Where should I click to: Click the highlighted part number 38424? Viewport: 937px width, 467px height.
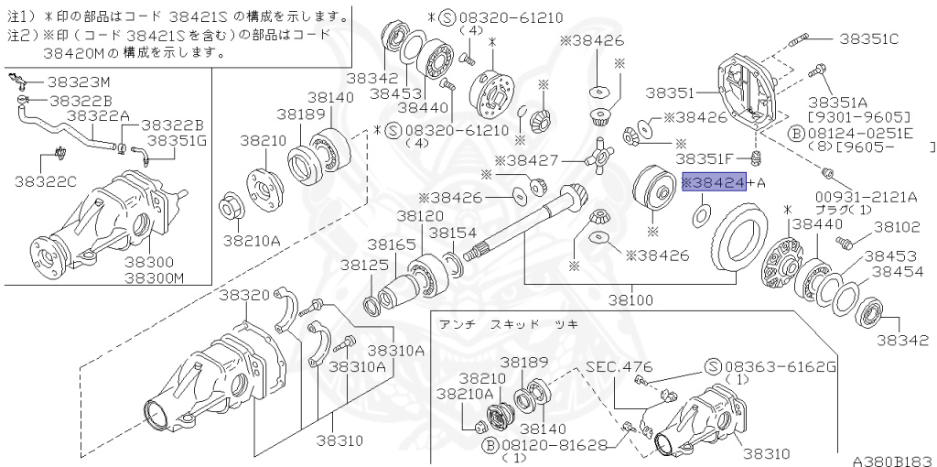(x=714, y=182)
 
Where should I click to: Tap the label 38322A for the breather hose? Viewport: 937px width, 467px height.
(x=98, y=115)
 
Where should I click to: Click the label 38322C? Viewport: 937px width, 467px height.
(x=46, y=181)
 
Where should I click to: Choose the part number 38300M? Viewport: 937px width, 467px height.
(x=154, y=277)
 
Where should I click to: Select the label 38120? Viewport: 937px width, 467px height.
(x=419, y=215)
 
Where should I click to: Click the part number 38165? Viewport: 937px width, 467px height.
(x=392, y=245)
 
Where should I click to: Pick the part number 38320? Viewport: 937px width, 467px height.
(x=244, y=295)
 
